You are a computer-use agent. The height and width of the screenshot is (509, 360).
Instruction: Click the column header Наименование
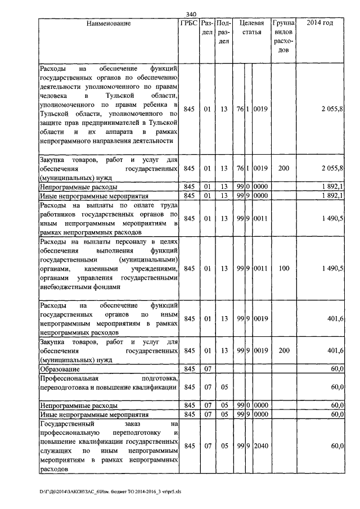pos(109,24)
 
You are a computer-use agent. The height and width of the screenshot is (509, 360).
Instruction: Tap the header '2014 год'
pos(319,24)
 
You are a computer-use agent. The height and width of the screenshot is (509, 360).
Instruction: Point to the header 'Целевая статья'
pos(251,28)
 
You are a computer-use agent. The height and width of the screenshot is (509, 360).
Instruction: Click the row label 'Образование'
pos(60,368)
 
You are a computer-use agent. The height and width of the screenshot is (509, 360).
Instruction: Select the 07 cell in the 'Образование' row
pos(208,368)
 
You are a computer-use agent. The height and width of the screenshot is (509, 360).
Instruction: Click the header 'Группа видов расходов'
pos(284,37)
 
